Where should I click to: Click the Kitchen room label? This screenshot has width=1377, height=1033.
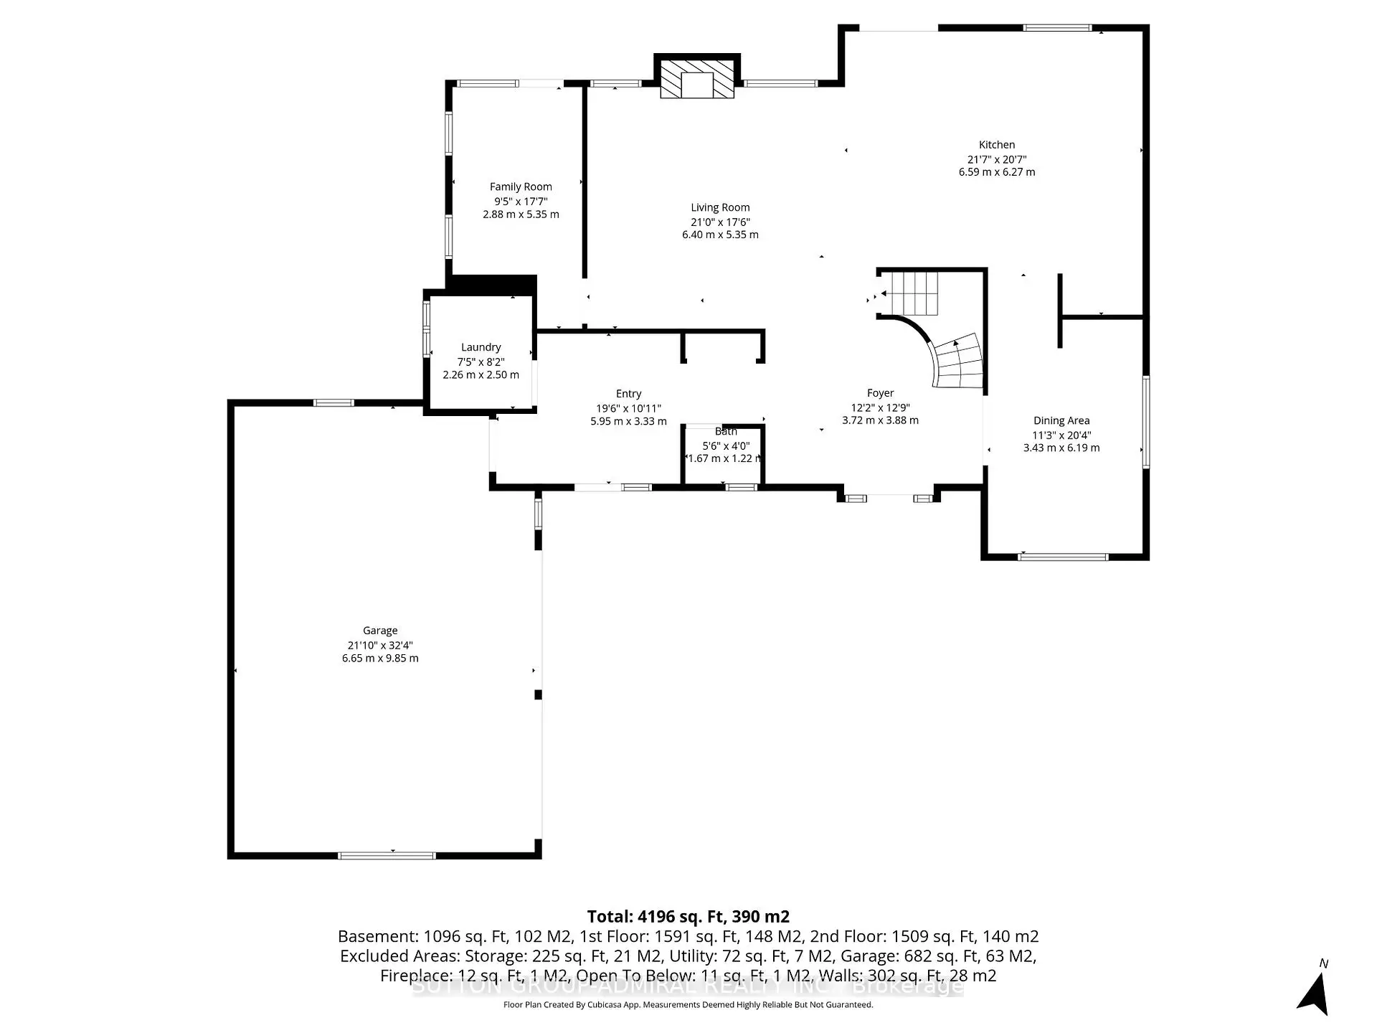pos(996,145)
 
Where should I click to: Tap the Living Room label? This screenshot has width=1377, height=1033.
pos(720,207)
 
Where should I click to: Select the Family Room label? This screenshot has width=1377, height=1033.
pos(521,187)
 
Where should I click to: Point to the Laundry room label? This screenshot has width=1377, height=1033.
pos(481,347)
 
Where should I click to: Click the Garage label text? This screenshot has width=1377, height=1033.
pos(380,631)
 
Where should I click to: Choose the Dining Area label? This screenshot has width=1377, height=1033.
pos(1061,421)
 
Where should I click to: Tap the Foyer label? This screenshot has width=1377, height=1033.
pos(880,393)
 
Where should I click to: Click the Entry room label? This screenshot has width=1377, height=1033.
pos(628,394)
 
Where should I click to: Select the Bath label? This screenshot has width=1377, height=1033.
pos(726,431)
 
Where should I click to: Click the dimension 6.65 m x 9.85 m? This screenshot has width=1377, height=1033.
pos(380,658)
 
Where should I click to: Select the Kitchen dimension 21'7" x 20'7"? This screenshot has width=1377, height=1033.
pos(996,159)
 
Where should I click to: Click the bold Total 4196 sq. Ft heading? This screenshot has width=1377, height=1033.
pos(688,916)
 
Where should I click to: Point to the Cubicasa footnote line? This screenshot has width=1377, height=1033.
pos(688,1005)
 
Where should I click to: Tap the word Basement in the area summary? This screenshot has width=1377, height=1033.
pos(369,936)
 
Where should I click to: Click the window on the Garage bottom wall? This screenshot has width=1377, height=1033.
pos(387,855)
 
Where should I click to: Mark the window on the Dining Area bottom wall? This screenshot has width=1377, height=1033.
pos(1063,557)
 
